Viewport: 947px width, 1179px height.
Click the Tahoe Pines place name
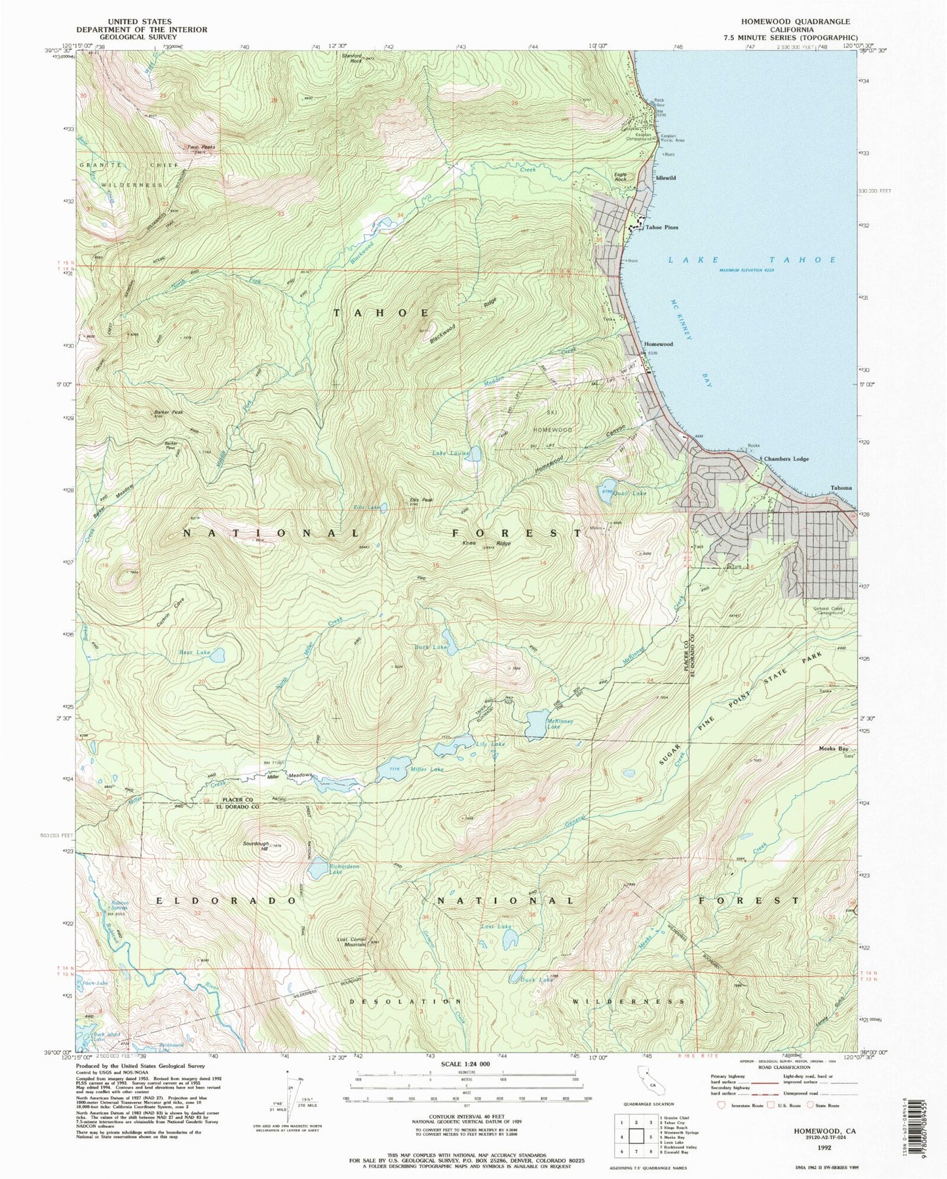coord(662,227)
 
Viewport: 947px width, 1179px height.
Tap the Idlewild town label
coord(664,178)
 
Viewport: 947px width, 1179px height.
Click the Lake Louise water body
coord(473,454)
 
